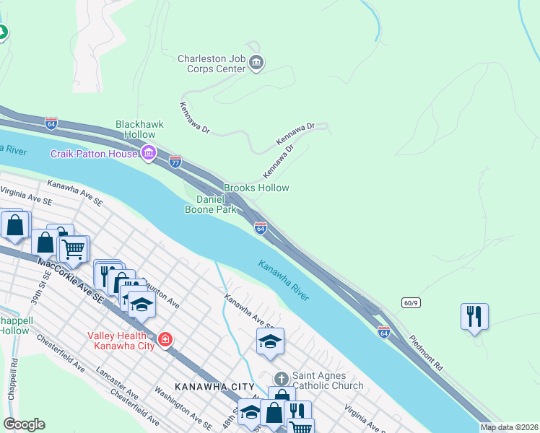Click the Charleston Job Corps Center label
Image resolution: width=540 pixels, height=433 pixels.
tap(211, 64)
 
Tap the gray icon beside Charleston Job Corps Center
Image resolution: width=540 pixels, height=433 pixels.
tap(256, 64)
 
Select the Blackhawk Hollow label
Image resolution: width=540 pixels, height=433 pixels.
tap(140, 129)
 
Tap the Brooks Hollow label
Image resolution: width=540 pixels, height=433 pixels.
tap(256, 188)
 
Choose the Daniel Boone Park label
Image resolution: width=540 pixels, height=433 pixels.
tap(217, 204)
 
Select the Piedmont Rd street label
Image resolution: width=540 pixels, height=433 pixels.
tap(426, 353)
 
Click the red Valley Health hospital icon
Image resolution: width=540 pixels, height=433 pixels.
tap(165, 339)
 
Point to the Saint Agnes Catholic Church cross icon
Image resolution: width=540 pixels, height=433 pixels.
tap(281, 379)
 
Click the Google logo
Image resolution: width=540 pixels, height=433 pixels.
tap(24, 424)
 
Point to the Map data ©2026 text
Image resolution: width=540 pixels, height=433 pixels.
tap(510, 427)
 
